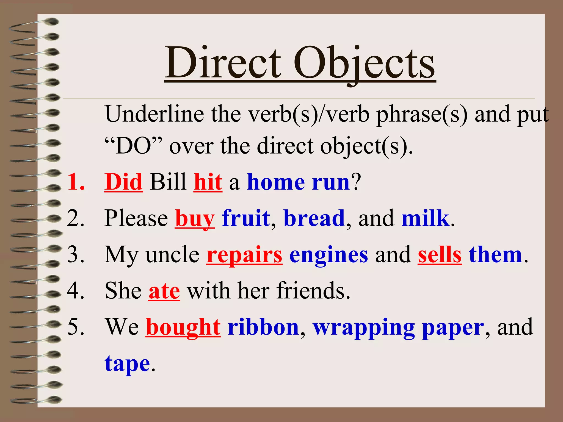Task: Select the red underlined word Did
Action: point(123,182)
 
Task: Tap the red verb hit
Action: point(208,182)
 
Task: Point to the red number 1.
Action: point(76,182)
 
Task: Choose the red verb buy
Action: point(195,219)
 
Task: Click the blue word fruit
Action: point(246,218)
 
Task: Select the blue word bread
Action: point(314,218)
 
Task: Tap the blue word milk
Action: point(425,218)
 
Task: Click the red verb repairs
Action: point(244,255)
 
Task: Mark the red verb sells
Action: point(440,255)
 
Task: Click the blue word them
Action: point(495,255)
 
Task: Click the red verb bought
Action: point(183,327)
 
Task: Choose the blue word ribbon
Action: point(263,327)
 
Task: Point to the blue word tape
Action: point(127,364)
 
